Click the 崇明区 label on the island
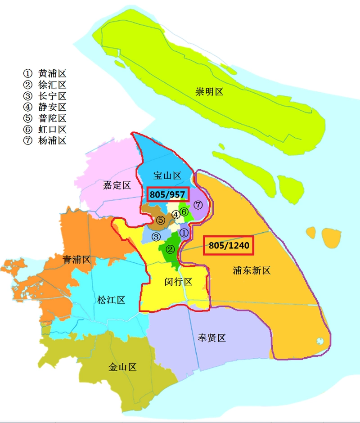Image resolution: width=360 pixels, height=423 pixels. coord(209,92)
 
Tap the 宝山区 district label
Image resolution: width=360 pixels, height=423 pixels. coord(167,176)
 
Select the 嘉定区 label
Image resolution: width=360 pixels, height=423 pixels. coord(117,185)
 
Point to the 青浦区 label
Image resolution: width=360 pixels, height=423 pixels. coord(76,260)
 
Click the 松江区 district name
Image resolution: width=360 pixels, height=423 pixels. coord(111,300)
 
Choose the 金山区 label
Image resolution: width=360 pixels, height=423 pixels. coord(122,367)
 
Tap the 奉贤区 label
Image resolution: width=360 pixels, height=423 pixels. coord(211,338)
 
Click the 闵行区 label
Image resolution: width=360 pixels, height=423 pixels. coord(178,282)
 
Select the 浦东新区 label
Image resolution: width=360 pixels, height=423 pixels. coord(252,270)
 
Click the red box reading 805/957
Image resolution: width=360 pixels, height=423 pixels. coord(167,194)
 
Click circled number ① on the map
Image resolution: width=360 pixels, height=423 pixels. coord(184,233)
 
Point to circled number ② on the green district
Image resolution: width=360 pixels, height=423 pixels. coord(170,249)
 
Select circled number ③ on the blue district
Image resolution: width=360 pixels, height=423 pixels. coord(156,237)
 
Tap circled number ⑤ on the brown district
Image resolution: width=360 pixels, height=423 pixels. coord(161,220)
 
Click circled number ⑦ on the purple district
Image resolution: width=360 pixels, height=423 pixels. coord(198,205)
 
